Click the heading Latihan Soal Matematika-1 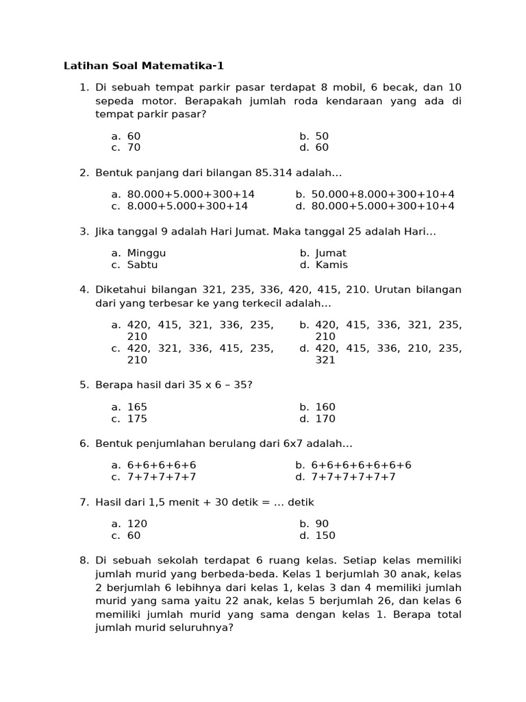(x=144, y=66)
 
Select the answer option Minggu (x=146, y=253)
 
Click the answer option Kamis (x=331, y=265)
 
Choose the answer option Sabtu (x=142, y=265)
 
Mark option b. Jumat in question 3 (x=331, y=253)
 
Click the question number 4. (x=84, y=289)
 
